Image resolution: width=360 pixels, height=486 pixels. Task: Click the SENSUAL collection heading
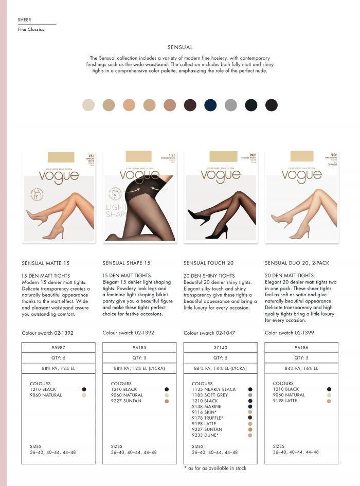coord(180,47)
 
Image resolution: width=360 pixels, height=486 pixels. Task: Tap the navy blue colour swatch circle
coord(210,105)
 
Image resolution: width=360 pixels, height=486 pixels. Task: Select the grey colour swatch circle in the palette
coord(231,105)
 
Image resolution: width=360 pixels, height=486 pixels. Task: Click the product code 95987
coord(58,347)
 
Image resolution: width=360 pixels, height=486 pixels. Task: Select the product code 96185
coord(139,347)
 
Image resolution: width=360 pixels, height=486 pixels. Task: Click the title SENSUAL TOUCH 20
coord(208,263)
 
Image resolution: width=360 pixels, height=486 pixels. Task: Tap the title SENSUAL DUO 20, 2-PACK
coord(297,263)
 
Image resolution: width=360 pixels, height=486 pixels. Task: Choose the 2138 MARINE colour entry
coord(206,406)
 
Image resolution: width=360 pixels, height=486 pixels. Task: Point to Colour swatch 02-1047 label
coord(209,333)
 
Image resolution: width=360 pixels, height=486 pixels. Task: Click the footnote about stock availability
coord(215,468)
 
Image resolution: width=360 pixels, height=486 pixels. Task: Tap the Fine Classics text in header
coord(31,29)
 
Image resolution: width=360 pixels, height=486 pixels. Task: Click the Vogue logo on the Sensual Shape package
coord(139,175)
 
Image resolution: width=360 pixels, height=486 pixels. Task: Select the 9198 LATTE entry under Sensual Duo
coord(285,401)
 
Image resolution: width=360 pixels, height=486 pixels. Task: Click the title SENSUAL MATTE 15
coord(46,263)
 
